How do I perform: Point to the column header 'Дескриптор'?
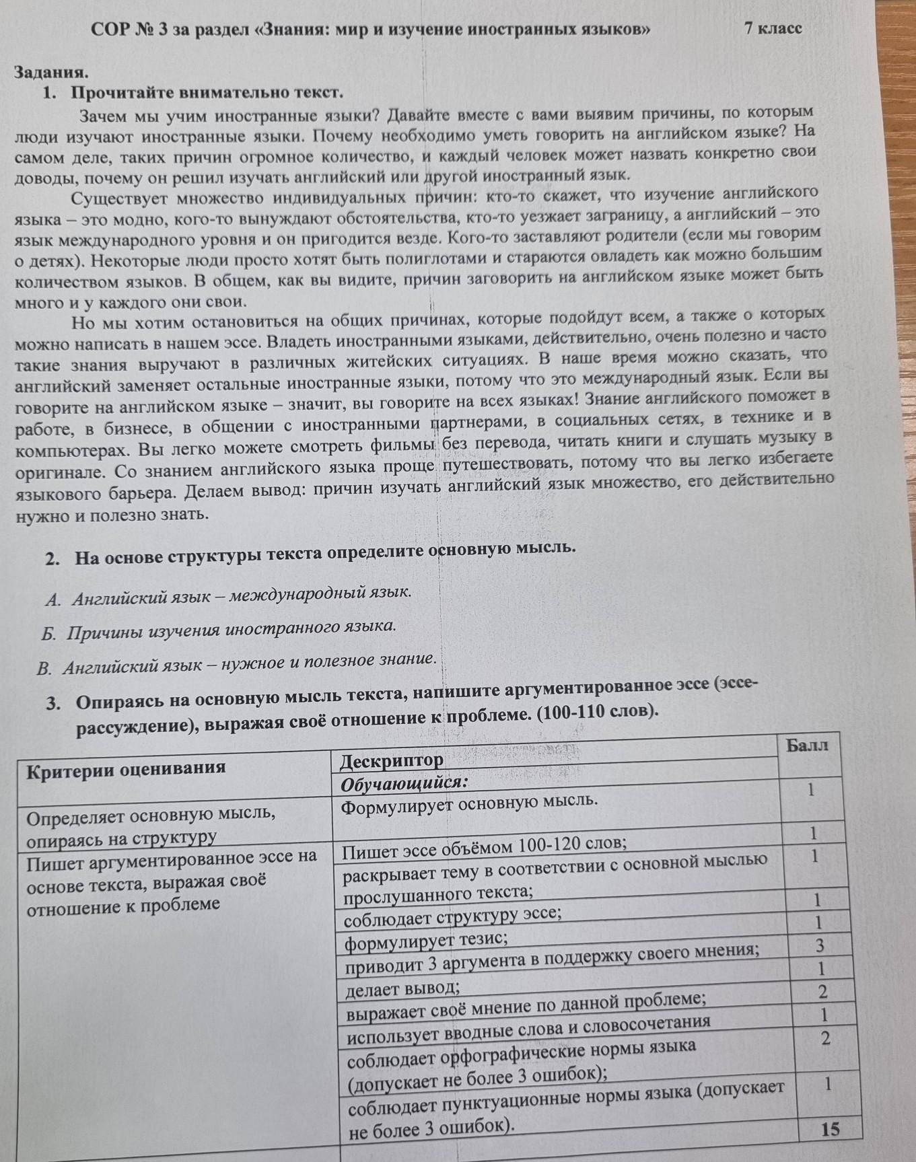392,761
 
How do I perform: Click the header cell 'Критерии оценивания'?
126,769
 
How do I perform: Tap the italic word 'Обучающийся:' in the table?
404,785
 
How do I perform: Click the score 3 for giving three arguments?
820,945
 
